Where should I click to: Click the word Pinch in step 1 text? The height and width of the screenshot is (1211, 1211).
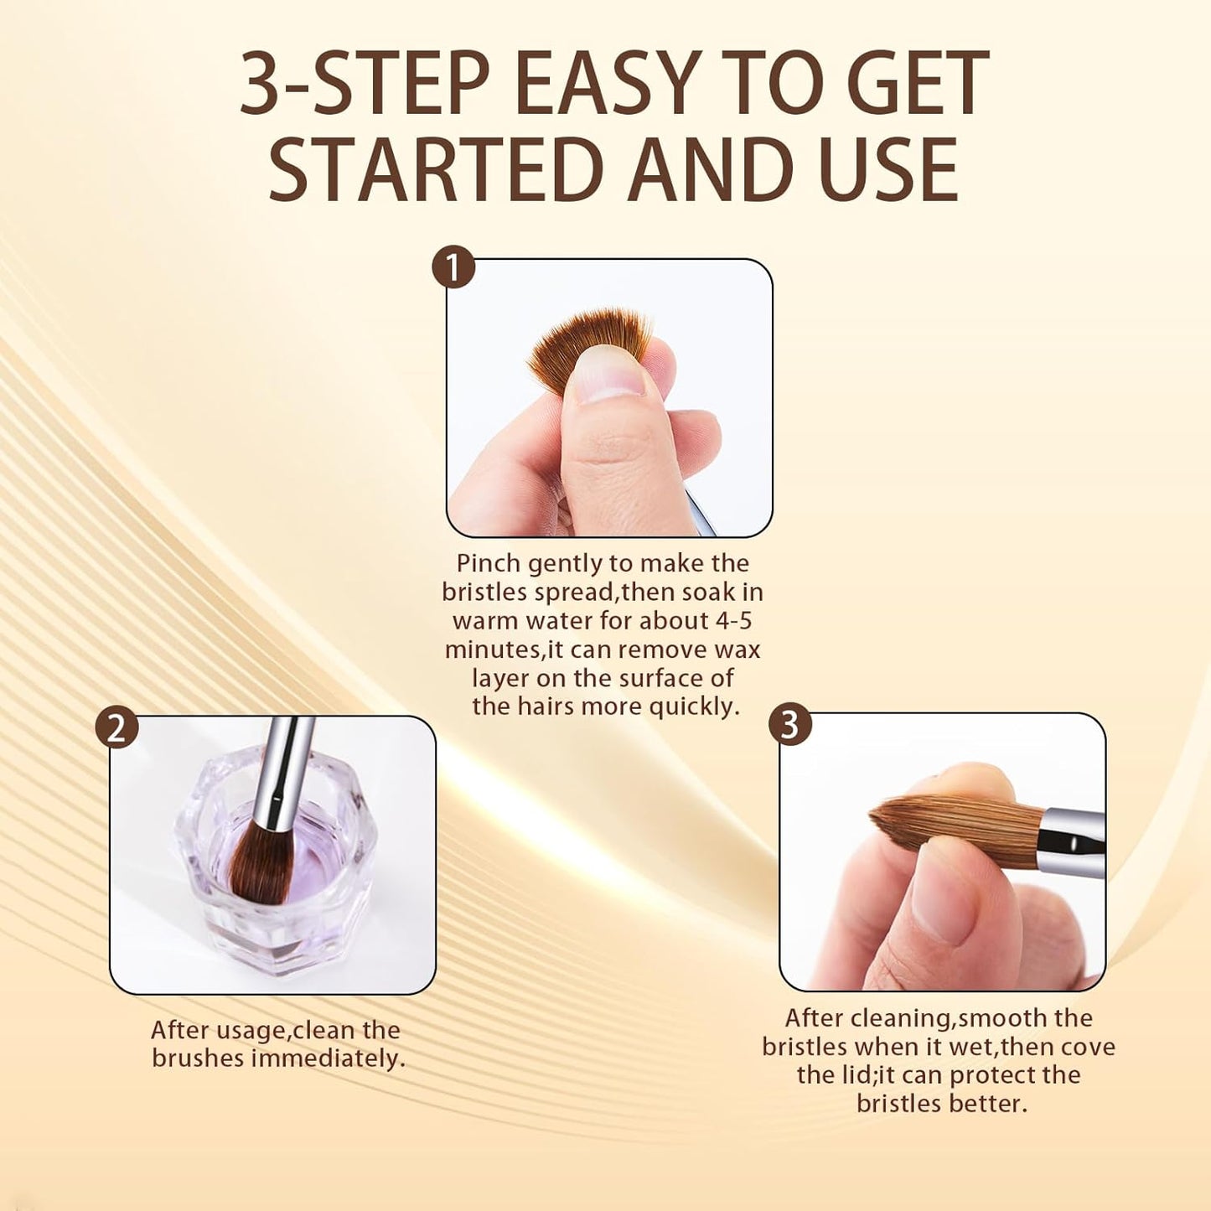pyautogui.click(x=489, y=564)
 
